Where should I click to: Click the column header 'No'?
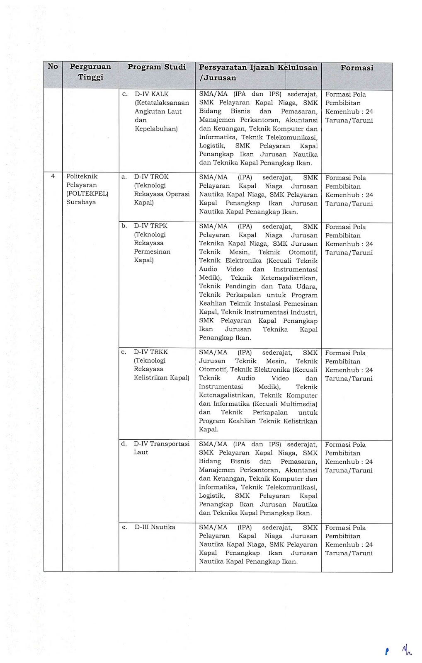coord(53,66)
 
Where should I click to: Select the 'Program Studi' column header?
coord(157,67)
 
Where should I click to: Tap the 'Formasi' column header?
coord(357,68)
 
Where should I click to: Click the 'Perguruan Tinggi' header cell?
coord(90,72)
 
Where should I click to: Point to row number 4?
coord(53,177)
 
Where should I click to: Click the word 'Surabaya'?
coord(81,202)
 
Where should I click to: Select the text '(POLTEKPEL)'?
coord(87,194)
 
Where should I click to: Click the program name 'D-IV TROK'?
coord(151,177)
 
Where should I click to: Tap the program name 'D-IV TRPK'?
coord(151,226)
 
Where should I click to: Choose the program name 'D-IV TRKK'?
coord(151,352)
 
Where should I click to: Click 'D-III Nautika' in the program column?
coord(155,527)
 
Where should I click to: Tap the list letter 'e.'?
coord(124,527)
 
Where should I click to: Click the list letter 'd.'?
coord(124,444)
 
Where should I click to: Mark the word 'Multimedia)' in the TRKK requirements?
coord(298,404)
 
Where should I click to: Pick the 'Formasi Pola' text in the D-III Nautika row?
coord(345,527)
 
